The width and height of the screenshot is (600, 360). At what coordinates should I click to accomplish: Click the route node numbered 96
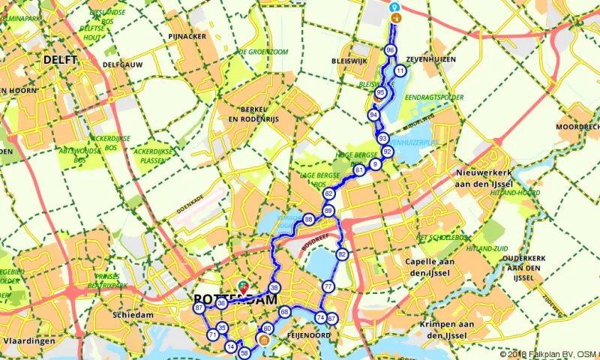click(390, 49)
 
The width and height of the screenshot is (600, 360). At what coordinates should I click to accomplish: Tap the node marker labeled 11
click(400, 71)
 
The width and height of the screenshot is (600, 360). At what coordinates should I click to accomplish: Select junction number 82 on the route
click(342, 254)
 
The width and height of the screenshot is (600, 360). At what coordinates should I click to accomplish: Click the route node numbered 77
click(328, 286)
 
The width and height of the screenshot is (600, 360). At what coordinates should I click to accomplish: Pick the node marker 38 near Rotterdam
click(274, 288)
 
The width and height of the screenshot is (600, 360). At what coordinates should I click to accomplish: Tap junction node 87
click(199, 308)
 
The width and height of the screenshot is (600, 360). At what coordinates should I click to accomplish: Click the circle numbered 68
click(284, 311)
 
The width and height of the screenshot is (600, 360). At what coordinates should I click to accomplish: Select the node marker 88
click(308, 220)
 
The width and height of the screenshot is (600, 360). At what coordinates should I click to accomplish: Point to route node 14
click(230, 346)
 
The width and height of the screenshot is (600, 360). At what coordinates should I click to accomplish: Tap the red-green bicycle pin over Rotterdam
click(242, 286)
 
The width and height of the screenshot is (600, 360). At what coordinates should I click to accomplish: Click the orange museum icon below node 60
click(263, 341)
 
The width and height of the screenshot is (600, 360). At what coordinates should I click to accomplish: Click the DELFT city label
click(56, 59)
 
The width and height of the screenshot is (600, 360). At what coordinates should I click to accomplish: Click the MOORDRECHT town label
click(577, 127)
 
